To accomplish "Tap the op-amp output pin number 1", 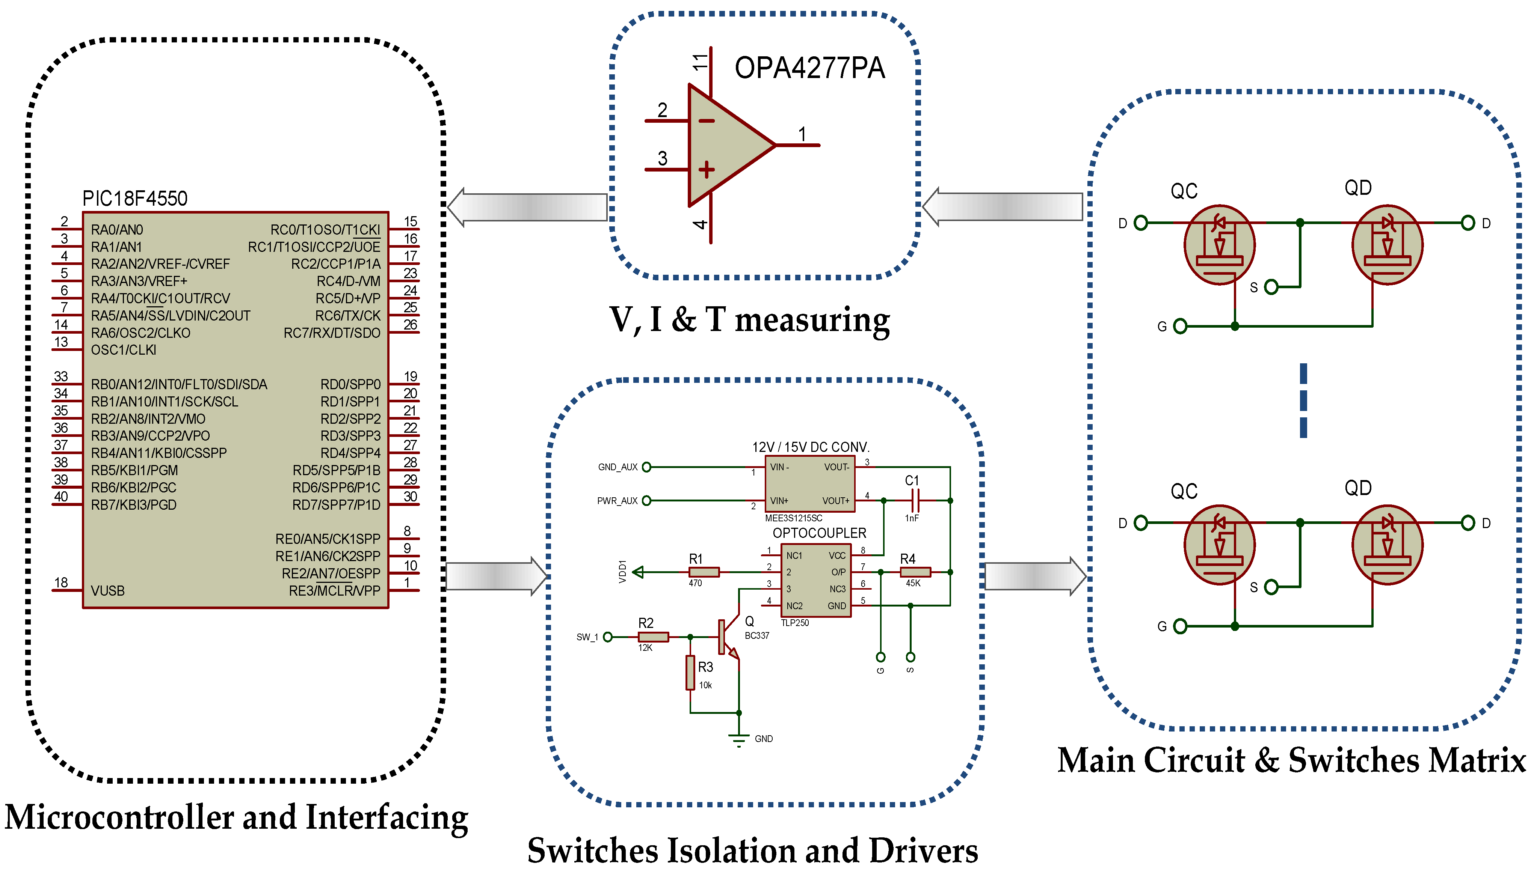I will [x=802, y=134].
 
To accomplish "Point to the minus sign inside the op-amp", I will [x=706, y=121].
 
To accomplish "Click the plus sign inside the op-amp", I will [x=706, y=170].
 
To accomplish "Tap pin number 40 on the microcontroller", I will [x=61, y=497].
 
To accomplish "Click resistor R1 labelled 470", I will [x=704, y=572].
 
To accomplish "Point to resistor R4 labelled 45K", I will [x=915, y=572].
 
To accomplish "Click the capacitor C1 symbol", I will [x=914, y=500].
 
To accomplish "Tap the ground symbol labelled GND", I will [x=739, y=740].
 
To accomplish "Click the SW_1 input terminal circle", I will [x=608, y=637].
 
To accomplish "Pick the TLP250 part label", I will [x=794, y=623].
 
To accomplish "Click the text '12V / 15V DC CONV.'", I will [x=810, y=447].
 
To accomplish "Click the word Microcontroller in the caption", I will [x=119, y=817].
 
